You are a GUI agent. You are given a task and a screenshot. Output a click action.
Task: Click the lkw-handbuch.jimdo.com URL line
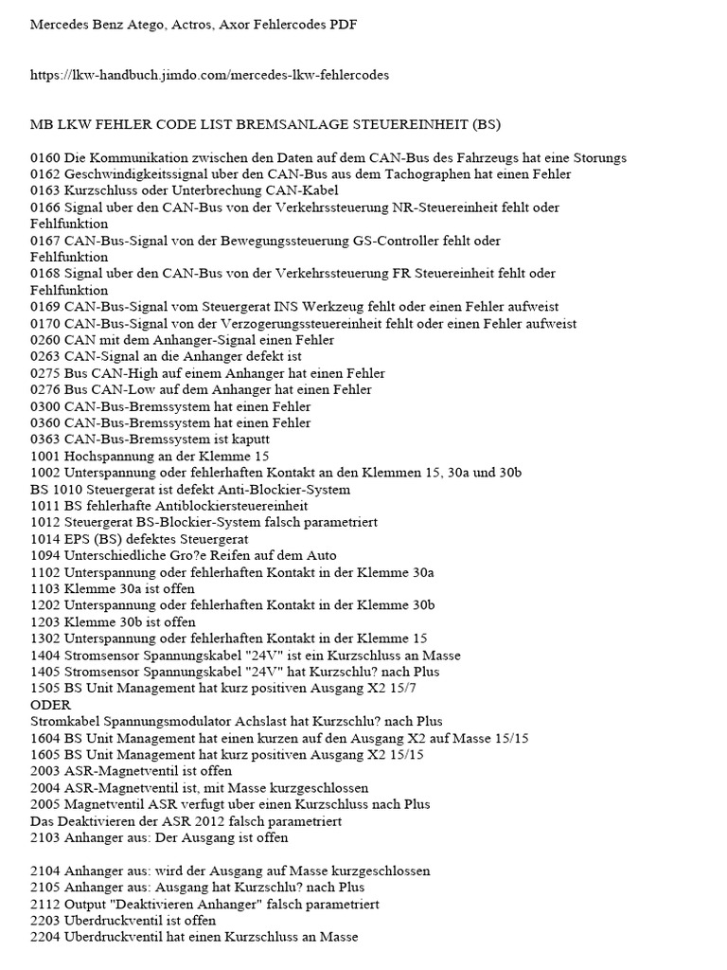(x=210, y=74)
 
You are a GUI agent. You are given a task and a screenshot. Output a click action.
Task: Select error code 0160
(x=45, y=157)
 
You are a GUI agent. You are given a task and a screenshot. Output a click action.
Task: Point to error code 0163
(x=45, y=190)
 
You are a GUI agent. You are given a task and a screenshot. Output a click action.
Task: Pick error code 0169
(x=45, y=307)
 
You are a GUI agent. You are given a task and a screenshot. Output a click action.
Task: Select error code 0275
(x=45, y=373)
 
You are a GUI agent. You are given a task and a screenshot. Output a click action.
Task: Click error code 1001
(x=45, y=456)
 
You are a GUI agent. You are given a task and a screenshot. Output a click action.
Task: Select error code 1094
(x=45, y=555)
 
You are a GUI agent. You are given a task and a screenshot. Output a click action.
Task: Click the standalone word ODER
(x=51, y=705)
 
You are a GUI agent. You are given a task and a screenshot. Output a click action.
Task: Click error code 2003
(x=45, y=771)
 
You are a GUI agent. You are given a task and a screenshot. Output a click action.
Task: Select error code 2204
(x=45, y=937)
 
